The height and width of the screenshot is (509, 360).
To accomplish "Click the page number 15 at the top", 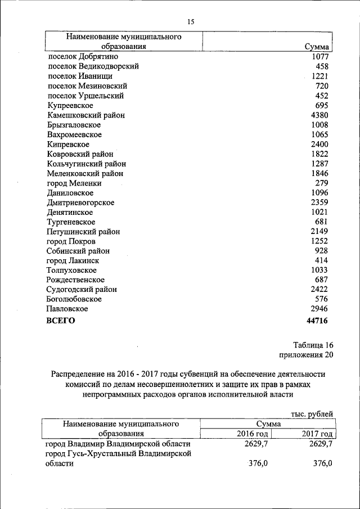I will click(x=190, y=22).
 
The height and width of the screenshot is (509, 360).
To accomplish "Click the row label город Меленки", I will click(x=74, y=183).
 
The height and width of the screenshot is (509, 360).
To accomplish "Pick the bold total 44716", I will click(x=316, y=321).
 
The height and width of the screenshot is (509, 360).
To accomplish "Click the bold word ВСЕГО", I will click(x=60, y=321).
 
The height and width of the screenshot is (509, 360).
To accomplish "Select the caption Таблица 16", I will click(x=313, y=345).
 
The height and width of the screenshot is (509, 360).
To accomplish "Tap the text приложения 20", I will click(x=306, y=354).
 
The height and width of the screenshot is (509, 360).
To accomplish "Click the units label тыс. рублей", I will click(x=312, y=413).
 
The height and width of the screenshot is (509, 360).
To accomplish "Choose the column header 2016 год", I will click(x=252, y=434).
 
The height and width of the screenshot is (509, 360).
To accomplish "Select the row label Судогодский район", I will click(x=82, y=290).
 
